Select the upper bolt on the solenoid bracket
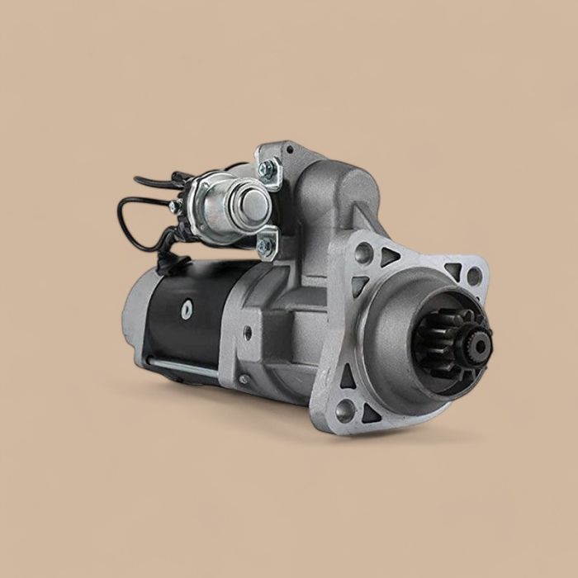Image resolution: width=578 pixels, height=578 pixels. pyautogui.click(x=265, y=168)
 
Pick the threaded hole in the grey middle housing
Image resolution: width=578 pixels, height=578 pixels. pyautogui.click(x=247, y=334)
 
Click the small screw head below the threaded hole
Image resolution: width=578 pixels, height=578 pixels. pyautogui.click(x=244, y=379)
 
